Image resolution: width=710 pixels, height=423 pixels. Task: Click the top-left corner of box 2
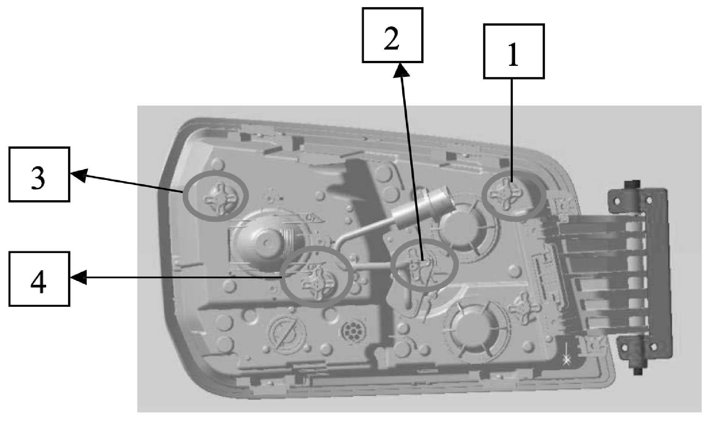tap(363, 8)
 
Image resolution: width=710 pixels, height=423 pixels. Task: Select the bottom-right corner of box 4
tap(70, 305)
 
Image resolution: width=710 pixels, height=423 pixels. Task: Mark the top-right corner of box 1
tap(544, 25)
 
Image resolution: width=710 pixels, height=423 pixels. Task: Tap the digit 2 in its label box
tap(392, 36)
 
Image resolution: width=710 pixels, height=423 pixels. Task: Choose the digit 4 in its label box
tap(39, 279)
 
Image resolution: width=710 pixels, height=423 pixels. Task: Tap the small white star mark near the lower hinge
tap(566, 360)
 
